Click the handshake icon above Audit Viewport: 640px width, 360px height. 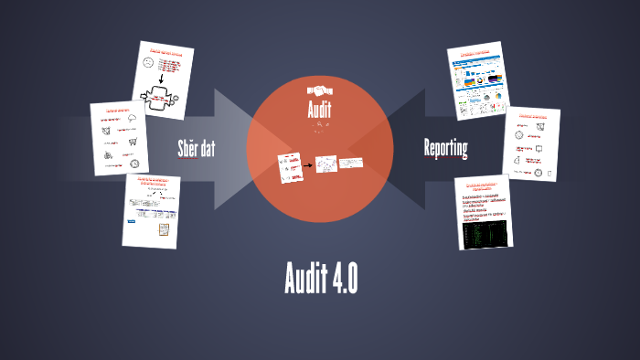tap(320, 92)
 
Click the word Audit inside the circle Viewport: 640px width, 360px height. tap(320, 112)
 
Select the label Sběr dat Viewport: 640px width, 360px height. tap(196, 147)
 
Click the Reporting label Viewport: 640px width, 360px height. tap(446, 147)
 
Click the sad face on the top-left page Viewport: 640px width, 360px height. tap(149, 64)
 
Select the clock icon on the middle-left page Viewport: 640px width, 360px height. tap(134, 164)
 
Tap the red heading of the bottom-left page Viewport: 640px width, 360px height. tap(152, 181)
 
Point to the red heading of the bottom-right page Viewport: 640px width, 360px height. tap(483, 186)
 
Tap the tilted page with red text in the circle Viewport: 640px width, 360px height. tap(291, 168)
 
